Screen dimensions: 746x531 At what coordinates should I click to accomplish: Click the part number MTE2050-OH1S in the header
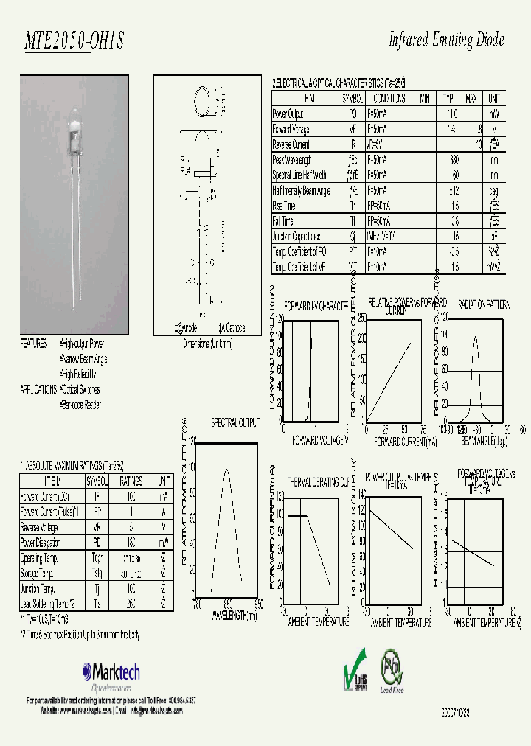74,43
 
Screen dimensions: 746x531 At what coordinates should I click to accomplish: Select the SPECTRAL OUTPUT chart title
235,423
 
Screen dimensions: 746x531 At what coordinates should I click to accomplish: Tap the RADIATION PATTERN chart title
483,303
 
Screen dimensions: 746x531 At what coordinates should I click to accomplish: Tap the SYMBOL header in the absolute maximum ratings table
97,481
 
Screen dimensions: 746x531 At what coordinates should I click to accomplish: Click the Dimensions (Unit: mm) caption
207,344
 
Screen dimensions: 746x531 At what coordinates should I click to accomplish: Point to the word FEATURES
34,344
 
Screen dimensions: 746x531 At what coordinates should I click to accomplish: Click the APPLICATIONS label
38,389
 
